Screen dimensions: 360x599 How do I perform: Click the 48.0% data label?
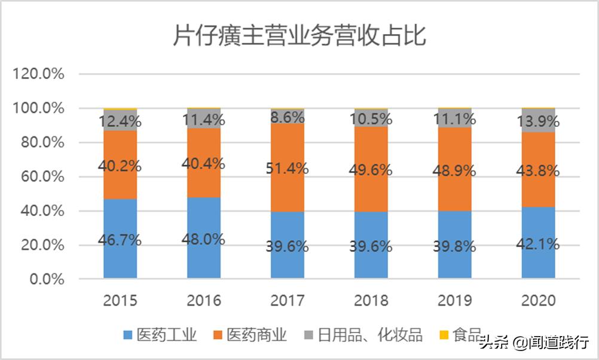(204, 240)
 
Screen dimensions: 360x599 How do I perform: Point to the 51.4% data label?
(288, 169)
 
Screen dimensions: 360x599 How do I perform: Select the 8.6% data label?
(288, 117)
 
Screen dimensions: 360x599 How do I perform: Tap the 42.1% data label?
(539, 244)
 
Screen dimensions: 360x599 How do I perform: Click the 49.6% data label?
(371, 170)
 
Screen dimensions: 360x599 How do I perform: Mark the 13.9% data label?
(539, 122)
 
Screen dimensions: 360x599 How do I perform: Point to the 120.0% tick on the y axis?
(39, 74)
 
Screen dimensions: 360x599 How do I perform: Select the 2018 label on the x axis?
(371, 300)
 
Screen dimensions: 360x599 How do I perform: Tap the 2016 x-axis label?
(204, 300)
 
